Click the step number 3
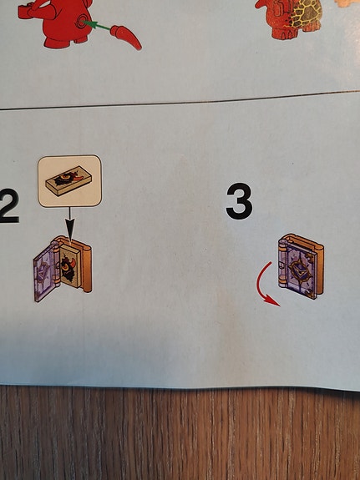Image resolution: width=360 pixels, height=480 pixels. pyautogui.click(x=239, y=201)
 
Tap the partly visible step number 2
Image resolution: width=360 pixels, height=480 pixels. pyautogui.click(x=8, y=205)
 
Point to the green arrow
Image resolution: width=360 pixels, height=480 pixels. pyautogui.click(x=97, y=25)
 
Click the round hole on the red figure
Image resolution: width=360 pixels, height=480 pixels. pyautogui.click(x=82, y=21)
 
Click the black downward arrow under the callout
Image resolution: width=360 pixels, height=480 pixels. pyautogui.click(x=70, y=225)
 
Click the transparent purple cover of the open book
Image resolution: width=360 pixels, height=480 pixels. pyautogui.click(x=45, y=272)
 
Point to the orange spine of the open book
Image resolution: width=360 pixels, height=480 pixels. pyautogui.click(x=86, y=265)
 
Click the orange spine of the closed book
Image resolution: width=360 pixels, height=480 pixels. pyautogui.click(x=319, y=266)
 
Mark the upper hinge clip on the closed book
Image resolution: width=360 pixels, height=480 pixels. pyautogui.click(x=282, y=245)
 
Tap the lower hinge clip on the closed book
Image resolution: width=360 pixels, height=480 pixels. pyautogui.click(x=282, y=280)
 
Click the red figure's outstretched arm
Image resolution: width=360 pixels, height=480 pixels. pyautogui.click(x=34, y=11)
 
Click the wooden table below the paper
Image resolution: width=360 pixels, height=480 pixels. pyautogui.click(x=180, y=433)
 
